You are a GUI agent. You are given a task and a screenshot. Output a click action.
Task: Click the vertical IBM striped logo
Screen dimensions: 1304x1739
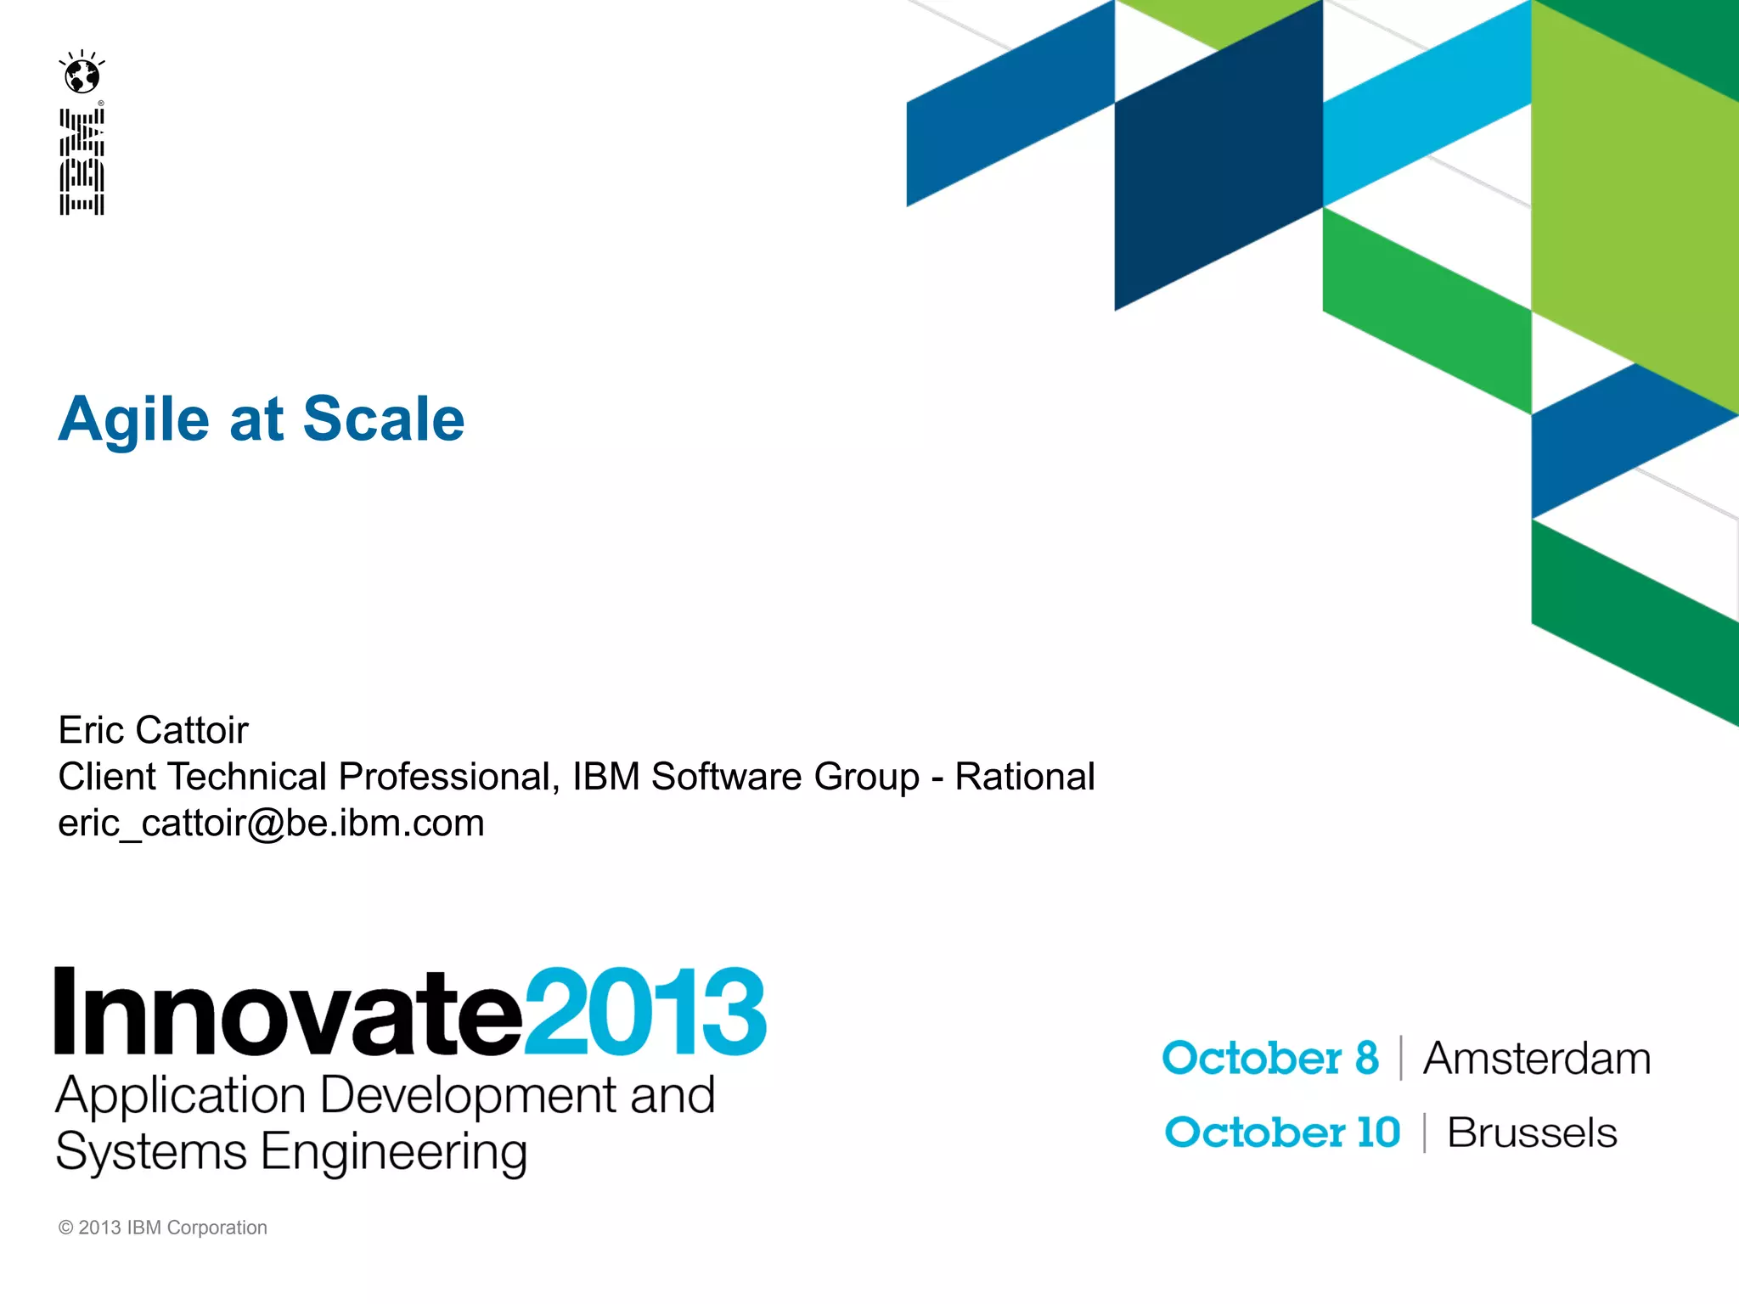coord(82,161)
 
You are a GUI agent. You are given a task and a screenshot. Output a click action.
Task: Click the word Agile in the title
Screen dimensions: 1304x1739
coord(133,419)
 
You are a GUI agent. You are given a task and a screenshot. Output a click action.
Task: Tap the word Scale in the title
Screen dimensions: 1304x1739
coord(383,419)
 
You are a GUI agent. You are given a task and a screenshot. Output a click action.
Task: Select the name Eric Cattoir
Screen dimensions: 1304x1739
coord(153,730)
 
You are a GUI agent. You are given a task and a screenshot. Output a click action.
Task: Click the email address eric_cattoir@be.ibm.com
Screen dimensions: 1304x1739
coord(271,823)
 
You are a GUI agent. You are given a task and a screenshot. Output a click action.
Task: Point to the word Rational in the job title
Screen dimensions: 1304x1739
coord(1024,776)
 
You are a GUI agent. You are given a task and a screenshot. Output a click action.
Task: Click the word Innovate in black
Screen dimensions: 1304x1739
coord(288,1012)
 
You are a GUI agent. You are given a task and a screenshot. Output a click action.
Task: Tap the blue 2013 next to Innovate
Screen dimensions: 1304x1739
coord(645,1012)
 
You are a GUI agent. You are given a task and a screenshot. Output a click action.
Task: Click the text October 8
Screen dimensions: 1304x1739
coord(1270,1059)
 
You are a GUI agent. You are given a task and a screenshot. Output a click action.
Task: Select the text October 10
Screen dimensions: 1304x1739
coord(1282,1133)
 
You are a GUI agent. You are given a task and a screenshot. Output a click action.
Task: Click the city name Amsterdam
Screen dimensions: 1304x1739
coord(1537,1059)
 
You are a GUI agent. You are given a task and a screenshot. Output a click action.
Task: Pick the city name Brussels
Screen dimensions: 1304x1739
coord(1532,1133)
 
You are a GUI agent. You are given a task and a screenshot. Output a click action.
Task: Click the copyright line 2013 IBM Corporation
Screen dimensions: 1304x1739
coord(163,1228)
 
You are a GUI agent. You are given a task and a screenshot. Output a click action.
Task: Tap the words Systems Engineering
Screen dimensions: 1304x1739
coord(291,1152)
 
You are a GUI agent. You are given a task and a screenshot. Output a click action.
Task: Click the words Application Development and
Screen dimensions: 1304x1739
coord(385,1095)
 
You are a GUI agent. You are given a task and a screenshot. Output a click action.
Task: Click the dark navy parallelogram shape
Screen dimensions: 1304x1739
coord(1218,170)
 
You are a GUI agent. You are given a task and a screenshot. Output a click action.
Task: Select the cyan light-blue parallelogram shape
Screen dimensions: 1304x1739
coord(1427,110)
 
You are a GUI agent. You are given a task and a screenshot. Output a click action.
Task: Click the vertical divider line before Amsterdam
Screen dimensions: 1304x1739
coord(1401,1059)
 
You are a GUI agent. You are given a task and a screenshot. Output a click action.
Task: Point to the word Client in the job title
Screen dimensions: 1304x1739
coord(107,776)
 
